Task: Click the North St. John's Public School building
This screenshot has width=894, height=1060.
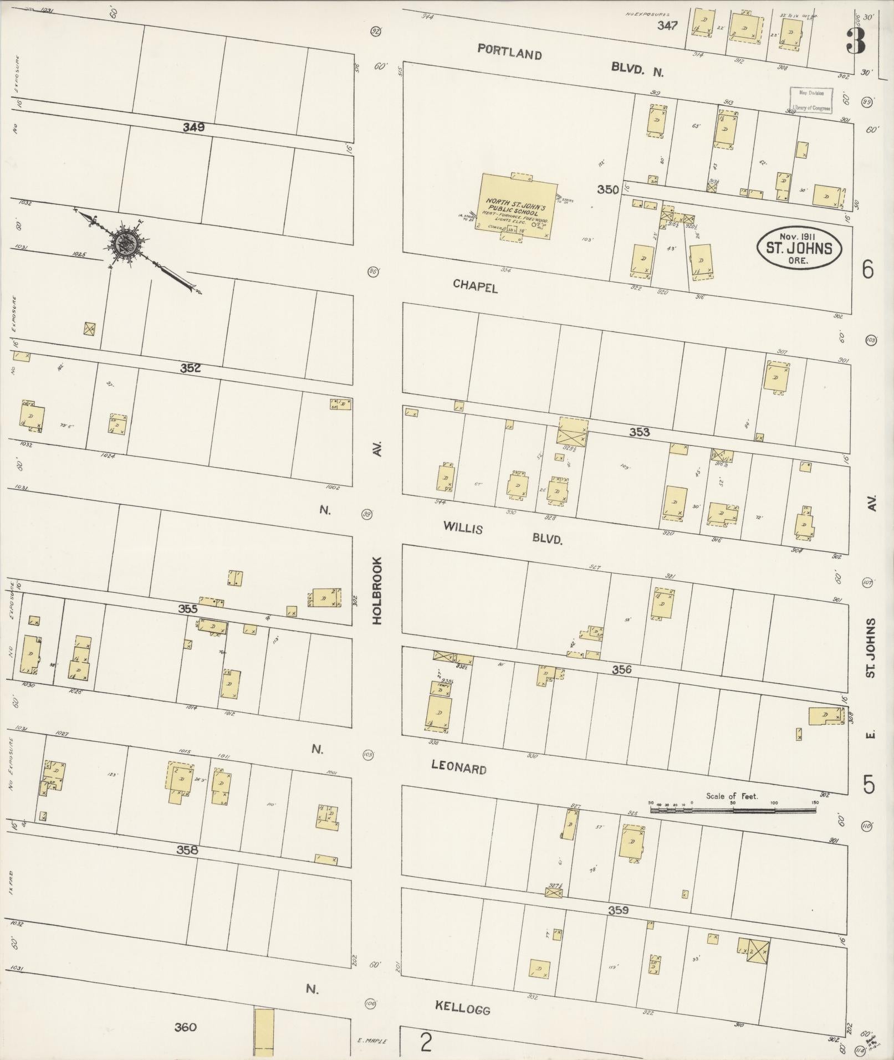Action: pos(518,207)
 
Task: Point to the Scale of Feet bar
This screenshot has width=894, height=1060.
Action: pos(732,810)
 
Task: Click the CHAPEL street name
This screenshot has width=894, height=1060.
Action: pos(475,286)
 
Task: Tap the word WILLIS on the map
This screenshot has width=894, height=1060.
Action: pos(462,528)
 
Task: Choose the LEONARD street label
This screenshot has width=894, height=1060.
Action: pos(459,767)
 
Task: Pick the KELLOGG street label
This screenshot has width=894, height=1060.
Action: pos(462,1007)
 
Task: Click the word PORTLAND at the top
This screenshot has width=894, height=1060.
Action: pos(509,54)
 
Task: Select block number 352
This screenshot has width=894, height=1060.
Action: pos(190,368)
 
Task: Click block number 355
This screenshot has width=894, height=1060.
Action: pos(188,608)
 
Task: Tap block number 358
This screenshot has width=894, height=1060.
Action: pos(187,849)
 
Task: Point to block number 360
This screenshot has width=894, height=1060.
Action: pos(185,1027)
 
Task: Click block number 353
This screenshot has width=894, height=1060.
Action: pos(639,432)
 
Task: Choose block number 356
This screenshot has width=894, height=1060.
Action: pos(621,670)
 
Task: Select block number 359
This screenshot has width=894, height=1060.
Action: pos(618,910)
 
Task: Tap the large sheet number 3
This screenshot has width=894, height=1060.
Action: pos(855,40)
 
